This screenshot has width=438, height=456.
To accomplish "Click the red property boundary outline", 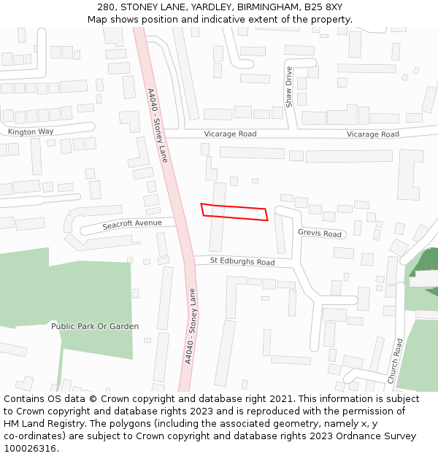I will [234, 212].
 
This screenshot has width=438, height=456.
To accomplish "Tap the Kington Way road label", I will [31, 132].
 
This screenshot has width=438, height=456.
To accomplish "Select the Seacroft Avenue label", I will [131, 224].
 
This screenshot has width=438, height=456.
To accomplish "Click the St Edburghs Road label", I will [242, 261].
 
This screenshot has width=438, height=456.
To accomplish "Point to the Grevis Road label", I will [320, 233].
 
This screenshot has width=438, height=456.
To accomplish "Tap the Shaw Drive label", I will [289, 87].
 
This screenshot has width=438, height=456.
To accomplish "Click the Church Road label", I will [395, 361].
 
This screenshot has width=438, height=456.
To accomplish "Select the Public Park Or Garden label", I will [95, 326].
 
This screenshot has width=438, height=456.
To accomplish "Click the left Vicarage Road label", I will [230, 134].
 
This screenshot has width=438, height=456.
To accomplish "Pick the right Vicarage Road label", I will [372, 134].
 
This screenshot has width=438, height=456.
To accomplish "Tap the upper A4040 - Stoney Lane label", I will [158, 125].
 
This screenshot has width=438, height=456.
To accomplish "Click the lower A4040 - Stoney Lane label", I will [191, 326].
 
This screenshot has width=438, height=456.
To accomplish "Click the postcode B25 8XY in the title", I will [323, 7].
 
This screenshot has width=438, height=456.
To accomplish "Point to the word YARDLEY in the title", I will [164, 7].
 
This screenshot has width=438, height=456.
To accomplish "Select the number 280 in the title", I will [107, 7].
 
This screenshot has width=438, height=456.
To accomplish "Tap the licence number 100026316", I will [29, 449].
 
